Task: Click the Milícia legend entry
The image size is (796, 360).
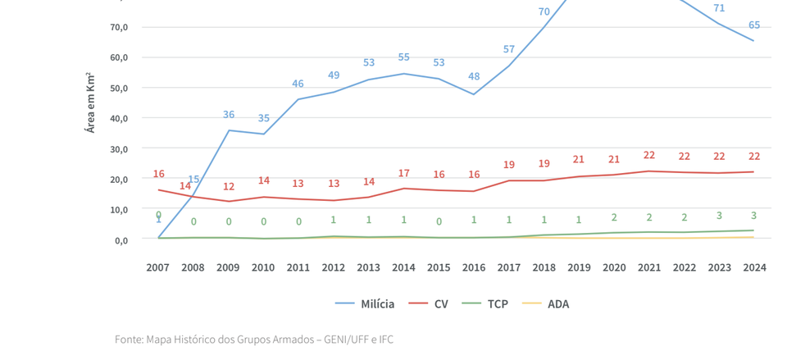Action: [366, 304]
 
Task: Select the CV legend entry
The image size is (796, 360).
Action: [431, 304]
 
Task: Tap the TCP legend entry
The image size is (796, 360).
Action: [488, 304]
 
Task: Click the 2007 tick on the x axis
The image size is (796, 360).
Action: [158, 267]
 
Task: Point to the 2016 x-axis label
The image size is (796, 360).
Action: [473, 267]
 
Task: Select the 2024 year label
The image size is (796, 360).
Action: [753, 267]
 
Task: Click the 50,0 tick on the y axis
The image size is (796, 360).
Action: [118, 88]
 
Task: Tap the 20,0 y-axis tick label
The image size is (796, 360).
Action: [118, 179]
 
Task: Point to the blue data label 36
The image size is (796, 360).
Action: [229, 115]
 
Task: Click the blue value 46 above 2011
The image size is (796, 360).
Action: [298, 84]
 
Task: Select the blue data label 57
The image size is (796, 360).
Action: [508, 49]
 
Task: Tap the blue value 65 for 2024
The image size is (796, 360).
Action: [753, 25]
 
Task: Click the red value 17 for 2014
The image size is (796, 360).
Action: [403, 173]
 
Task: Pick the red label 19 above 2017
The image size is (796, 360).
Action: [508, 165]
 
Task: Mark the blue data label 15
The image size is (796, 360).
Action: [193, 180]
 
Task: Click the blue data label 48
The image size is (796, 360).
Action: [473, 76]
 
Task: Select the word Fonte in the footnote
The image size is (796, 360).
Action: [129, 339]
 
